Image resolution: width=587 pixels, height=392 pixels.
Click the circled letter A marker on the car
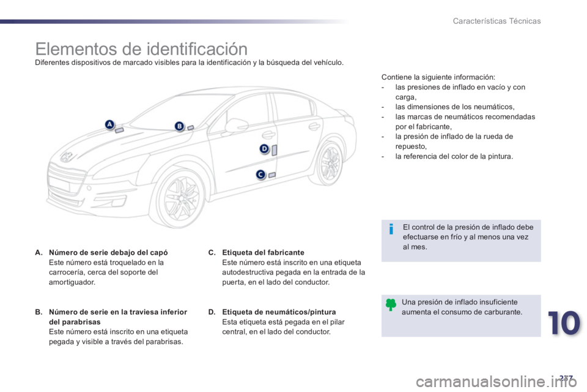pyautogui.click(x=109, y=124)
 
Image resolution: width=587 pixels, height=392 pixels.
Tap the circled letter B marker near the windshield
pyautogui.click(x=179, y=126)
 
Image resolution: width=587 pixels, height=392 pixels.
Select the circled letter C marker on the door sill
pyautogui.click(x=260, y=175)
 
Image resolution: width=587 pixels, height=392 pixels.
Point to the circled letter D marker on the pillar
pyautogui.click(x=264, y=149)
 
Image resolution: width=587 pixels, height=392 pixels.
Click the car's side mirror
pyautogui.click(x=236, y=126)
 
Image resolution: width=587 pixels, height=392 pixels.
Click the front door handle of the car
pyautogui.click(x=268, y=134)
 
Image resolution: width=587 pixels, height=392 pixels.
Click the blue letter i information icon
pyautogui.click(x=391, y=228)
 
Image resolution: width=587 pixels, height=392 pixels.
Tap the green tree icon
pyautogui.click(x=391, y=304)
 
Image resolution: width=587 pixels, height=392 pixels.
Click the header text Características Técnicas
pyautogui.click(x=497, y=21)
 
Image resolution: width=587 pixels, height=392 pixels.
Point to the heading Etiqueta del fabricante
pyautogui.click(x=263, y=252)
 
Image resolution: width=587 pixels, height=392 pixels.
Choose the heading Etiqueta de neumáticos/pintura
pyautogui.click(x=279, y=312)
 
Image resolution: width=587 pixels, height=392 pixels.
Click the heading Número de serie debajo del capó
pyautogui.click(x=108, y=252)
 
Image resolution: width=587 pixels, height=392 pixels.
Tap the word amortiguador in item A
pyautogui.click(x=72, y=282)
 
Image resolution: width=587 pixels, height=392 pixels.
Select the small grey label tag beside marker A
pyautogui.click(x=119, y=130)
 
